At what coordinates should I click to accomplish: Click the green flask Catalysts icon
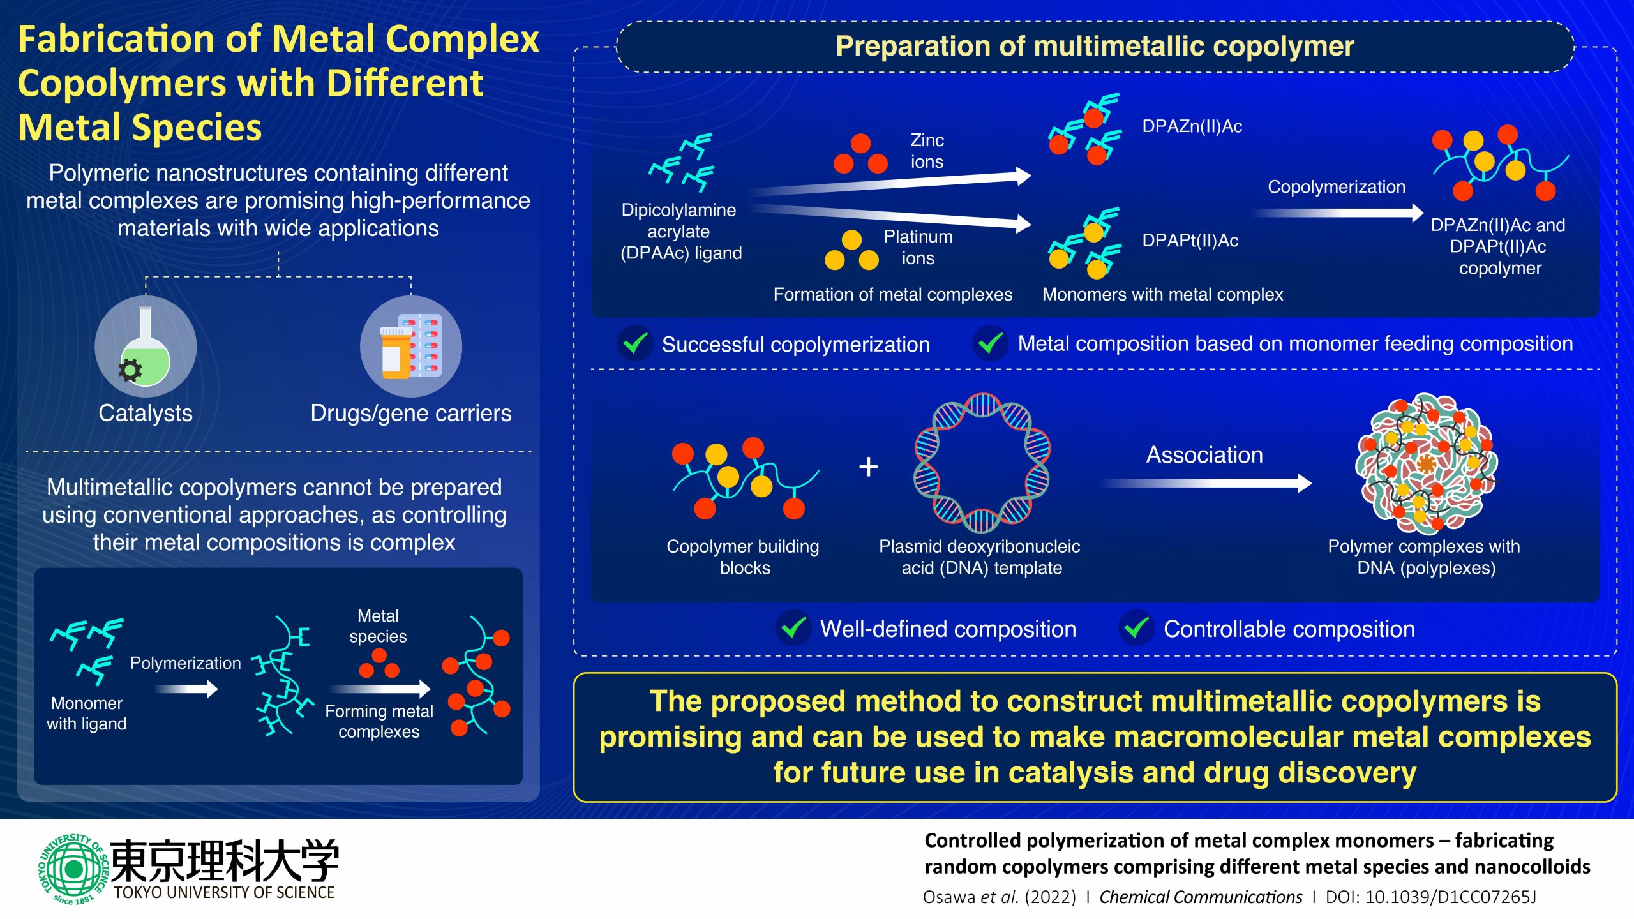[146, 347]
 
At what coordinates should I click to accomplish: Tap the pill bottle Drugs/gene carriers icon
[411, 347]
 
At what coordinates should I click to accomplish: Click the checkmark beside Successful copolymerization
[635, 343]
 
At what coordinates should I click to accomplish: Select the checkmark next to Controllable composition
[1136, 628]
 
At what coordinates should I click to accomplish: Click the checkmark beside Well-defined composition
[793, 628]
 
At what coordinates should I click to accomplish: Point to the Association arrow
[1206, 483]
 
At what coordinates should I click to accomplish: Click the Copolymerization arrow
[1338, 213]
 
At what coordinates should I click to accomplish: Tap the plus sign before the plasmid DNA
[868, 467]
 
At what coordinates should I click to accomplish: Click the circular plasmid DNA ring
[982, 463]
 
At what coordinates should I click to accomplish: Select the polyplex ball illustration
[1427, 464]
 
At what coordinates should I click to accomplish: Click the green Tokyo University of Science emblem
[73, 869]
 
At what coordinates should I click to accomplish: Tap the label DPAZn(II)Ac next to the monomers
[1192, 126]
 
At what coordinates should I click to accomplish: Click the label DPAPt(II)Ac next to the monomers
[1190, 241]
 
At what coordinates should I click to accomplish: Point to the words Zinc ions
[927, 151]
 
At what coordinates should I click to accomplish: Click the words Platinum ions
[918, 247]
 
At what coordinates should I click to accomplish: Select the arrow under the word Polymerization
[186, 689]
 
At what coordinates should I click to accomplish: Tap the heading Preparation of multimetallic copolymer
[1095, 46]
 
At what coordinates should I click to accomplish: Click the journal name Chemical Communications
[1200, 897]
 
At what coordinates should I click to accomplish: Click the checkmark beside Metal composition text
[990, 343]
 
